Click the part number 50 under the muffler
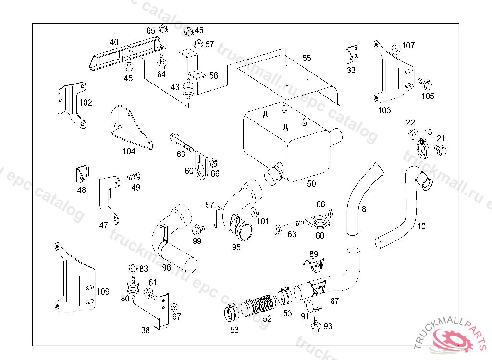point(311,184)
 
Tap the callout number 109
point(103,291)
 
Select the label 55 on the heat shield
point(307,58)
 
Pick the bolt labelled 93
point(317,324)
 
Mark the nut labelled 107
point(395,48)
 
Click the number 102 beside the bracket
point(86,102)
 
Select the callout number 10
point(421,226)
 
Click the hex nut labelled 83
point(132,269)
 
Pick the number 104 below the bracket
point(128,151)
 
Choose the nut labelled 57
point(198,44)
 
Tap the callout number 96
point(166,267)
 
